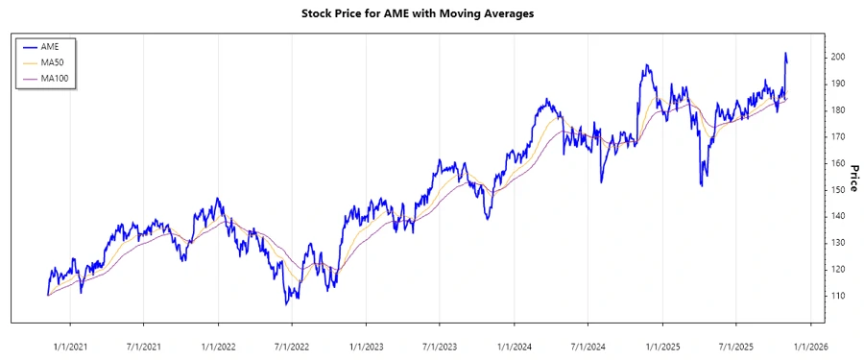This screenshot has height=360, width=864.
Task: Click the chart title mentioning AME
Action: click(x=431, y=14)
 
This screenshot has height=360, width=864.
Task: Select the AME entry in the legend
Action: click(x=51, y=46)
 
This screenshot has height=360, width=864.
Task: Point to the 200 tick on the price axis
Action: click(x=837, y=58)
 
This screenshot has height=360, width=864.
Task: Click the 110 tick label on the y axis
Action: click(x=837, y=296)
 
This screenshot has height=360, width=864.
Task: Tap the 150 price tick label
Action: click(x=837, y=190)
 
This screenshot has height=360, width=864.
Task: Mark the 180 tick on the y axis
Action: click(x=837, y=110)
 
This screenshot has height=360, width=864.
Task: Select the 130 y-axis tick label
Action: click(x=837, y=243)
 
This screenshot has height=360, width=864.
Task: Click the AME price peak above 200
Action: click(x=785, y=54)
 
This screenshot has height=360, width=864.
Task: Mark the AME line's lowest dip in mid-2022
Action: click(x=286, y=304)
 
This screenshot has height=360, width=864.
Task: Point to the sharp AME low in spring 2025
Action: click(x=703, y=184)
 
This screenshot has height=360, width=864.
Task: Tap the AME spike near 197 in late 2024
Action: click(x=647, y=66)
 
